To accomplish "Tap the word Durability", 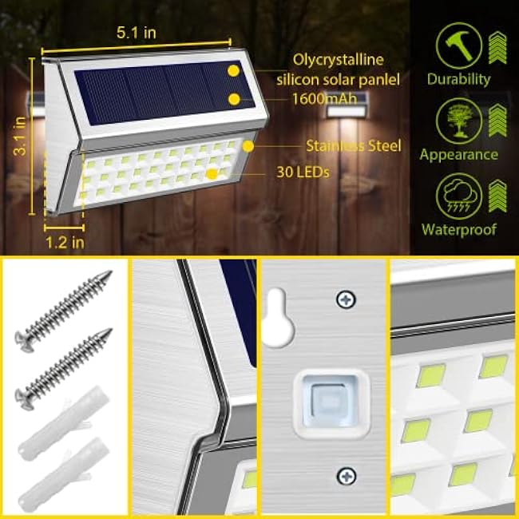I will pyautogui.click(x=458, y=79).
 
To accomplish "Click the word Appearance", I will pyautogui.click(x=458, y=154).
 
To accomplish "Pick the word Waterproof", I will pyautogui.click(x=458, y=229).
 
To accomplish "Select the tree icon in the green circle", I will pyautogui.click(x=458, y=120).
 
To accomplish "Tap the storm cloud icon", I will pyautogui.click(x=458, y=195).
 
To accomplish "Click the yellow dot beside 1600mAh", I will pyautogui.click(x=234, y=99).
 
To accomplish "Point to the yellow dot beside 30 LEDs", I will pyautogui.click(x=212, y=172).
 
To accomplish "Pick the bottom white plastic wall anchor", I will pyautogui.click(x=60, y=471).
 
